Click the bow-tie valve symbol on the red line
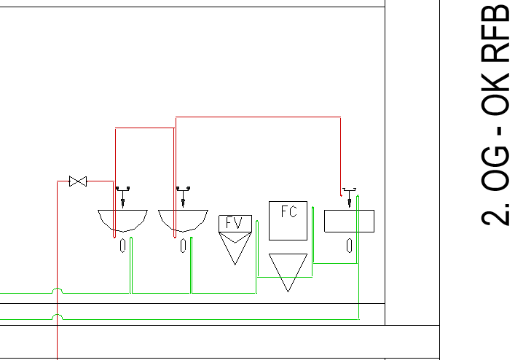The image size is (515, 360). point(78,181)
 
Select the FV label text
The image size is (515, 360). point(235,223)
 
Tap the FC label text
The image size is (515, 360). point(289,211)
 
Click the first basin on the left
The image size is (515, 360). point(123,220)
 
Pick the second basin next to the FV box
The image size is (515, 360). point(183,220)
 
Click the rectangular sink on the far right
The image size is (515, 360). point(349,221)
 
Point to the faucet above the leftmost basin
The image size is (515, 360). point(123,197)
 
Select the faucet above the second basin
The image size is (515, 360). point(183,197)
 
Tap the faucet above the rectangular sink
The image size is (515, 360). point(349,197)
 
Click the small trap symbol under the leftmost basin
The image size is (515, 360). point(123,246)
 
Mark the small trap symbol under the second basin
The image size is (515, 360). point(184,246)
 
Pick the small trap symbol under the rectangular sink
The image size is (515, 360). point(350,246)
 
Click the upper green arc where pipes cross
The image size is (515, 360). point(58,289)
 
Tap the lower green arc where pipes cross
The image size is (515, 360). point(58,315)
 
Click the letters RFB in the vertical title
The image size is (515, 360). point(495,33)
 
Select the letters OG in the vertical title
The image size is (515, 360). point(495,168)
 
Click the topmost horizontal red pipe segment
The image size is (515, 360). point(258,117)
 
